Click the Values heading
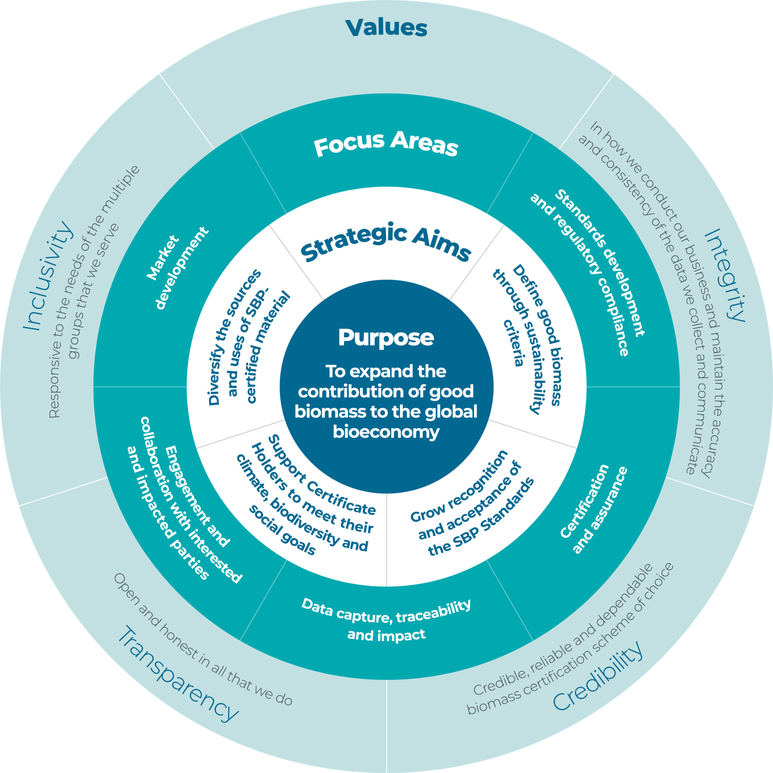(x=386, y=28)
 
